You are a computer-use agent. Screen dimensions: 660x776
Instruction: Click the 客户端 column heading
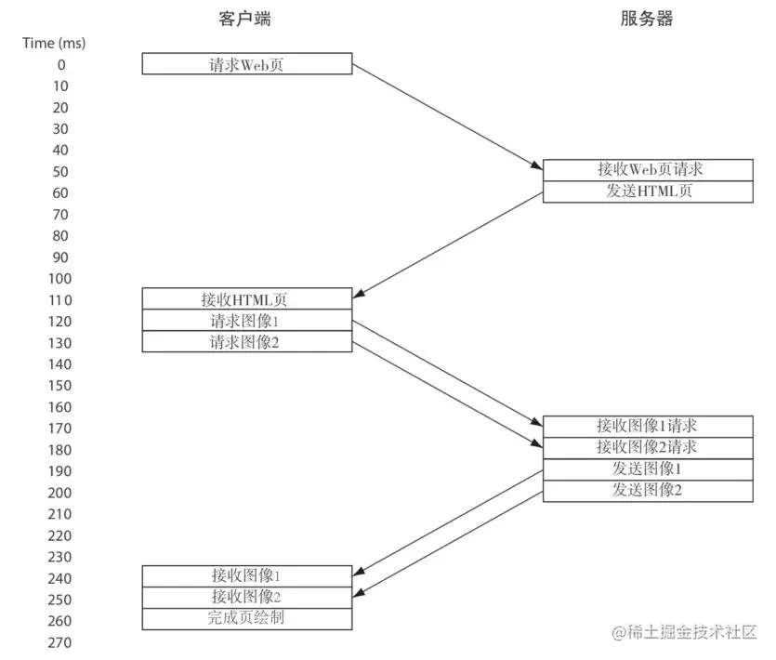[x=246, y=19]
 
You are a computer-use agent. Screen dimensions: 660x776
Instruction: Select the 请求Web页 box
[x=247, y=64]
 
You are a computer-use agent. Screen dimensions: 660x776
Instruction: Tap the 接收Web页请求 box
[x=647, y=170]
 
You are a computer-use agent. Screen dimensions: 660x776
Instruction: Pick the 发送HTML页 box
[x=647, y=191]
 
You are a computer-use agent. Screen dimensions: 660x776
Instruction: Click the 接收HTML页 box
[x=247, y=299]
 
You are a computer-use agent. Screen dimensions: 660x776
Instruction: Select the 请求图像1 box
[x=247, y=321]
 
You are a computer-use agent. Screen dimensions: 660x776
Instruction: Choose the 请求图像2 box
[x=247, y=342]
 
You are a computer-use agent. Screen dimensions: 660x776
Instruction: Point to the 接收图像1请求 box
[x=647, y=427]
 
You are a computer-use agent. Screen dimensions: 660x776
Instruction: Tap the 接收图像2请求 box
[x=647, y=448]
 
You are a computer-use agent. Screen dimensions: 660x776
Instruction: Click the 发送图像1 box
[x=647, y=469]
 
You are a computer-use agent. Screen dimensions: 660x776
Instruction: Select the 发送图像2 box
[x=647, y=491]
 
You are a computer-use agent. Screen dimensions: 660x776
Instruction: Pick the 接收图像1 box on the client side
[x=247, y=576]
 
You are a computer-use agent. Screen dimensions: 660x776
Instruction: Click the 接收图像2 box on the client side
[x=247, y=598]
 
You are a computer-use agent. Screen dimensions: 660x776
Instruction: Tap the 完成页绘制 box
[x=247, y=619]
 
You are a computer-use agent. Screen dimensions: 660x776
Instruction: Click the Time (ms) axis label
[x=54, y=43]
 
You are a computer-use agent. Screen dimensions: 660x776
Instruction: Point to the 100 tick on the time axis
[x=59, y=278]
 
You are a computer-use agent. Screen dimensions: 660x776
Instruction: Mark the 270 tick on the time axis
[x=59, y=642]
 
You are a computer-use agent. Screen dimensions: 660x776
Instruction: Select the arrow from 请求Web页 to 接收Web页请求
[x=446, y=116]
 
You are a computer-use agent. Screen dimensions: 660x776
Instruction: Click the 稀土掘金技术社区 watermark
[x=686, y=633]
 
